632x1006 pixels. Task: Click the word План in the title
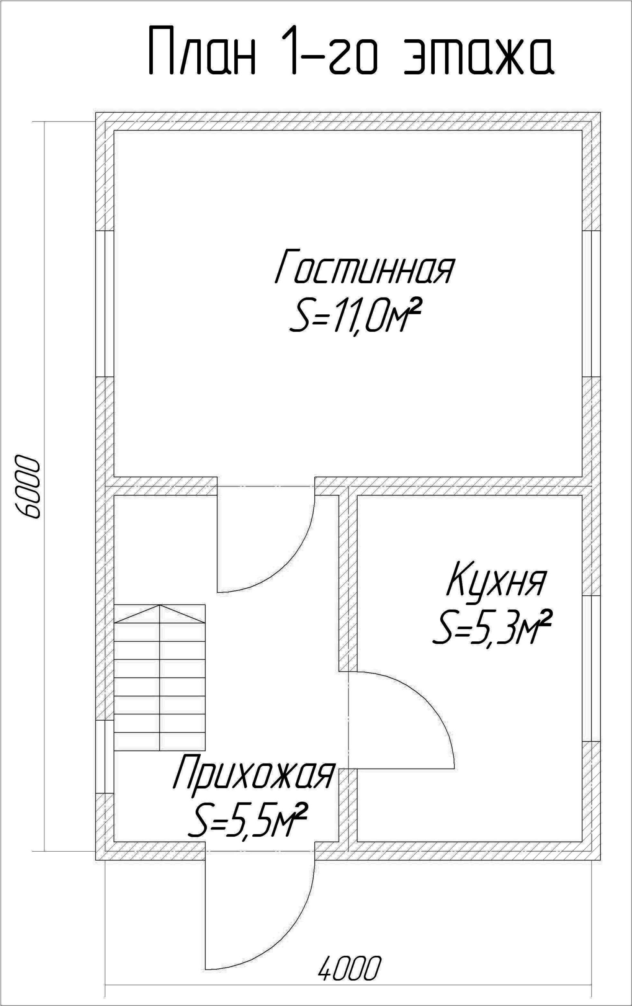[202, 50]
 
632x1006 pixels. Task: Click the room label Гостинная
[364, 266]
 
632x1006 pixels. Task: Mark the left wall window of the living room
[105, 304]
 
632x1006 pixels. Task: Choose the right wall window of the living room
[592, 304]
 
